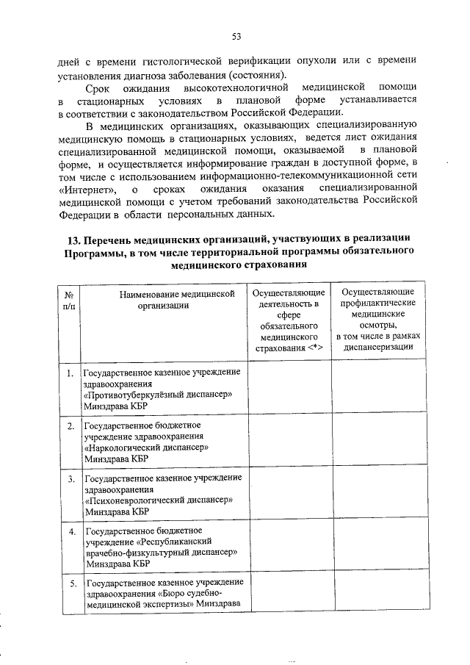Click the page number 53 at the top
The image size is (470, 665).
[236, 37]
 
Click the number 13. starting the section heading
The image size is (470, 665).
[73, 240]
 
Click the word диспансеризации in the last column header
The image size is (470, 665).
[375, 348]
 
